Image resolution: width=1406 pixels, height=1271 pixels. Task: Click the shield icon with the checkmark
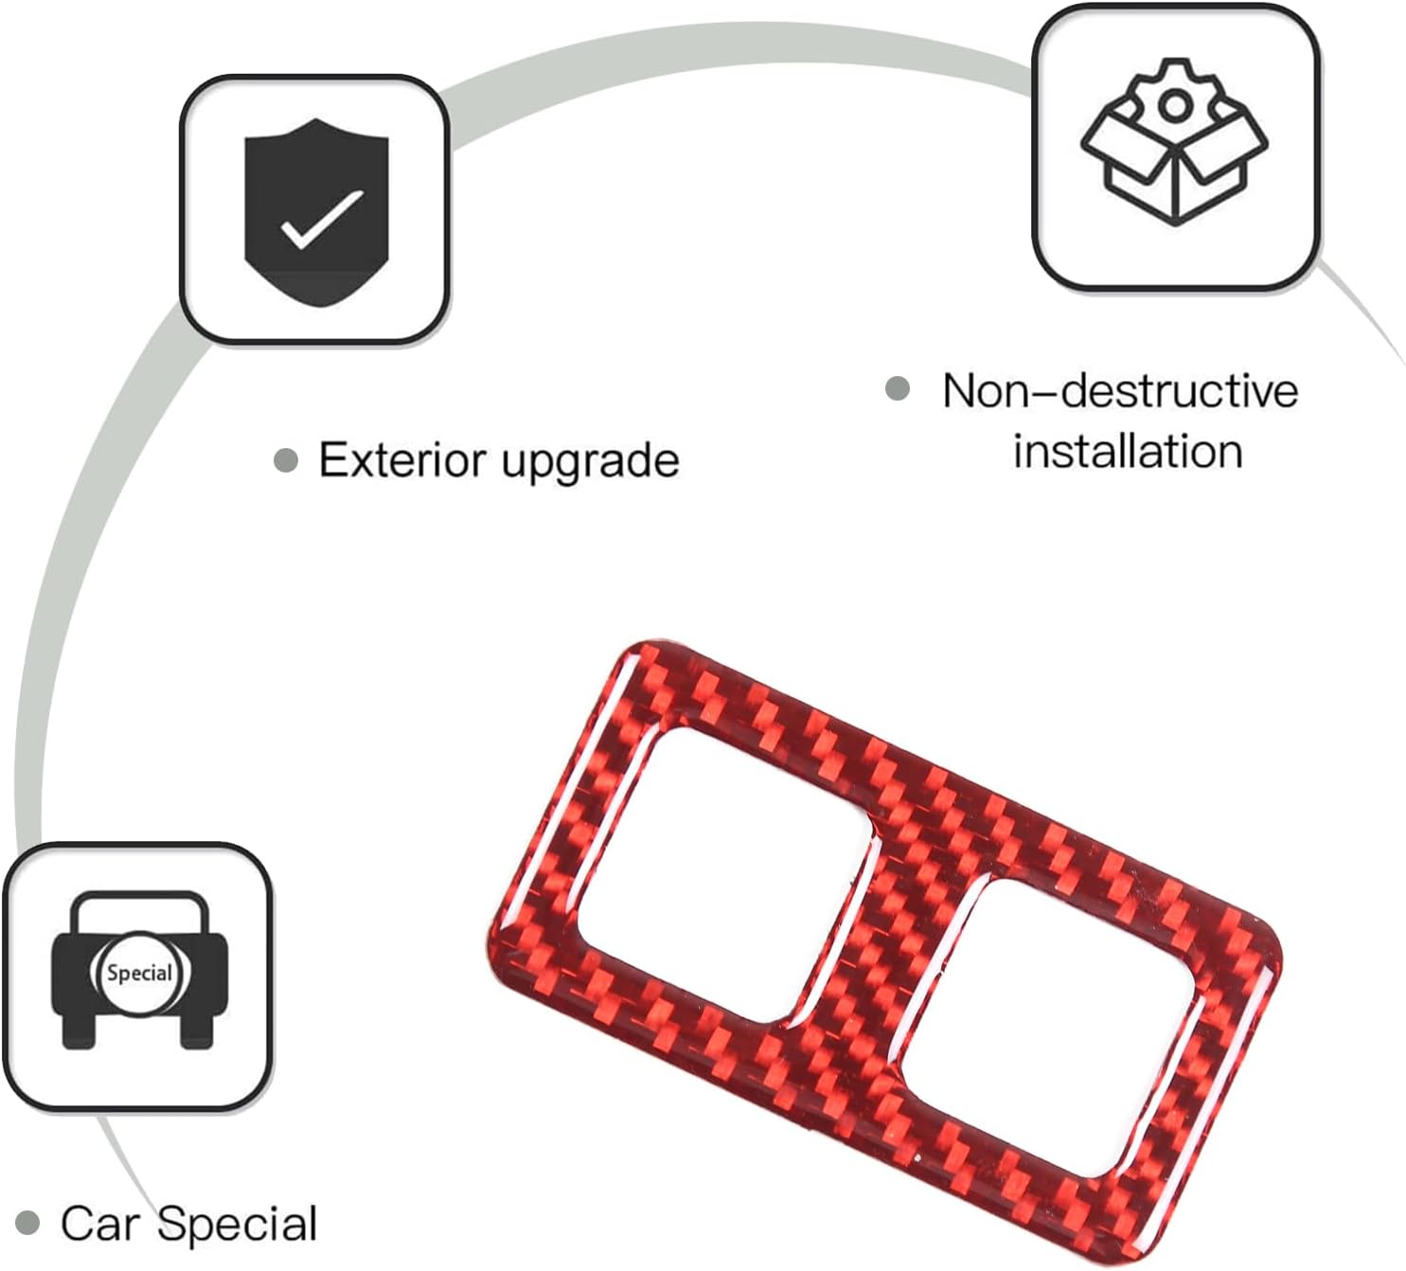click(x=316, y=212)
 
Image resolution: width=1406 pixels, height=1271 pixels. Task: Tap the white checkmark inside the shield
click(x=322, y=220)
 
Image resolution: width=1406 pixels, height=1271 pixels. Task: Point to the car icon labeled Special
click(x=139, y=970)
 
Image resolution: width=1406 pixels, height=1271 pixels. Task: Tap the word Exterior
click(x=402, y=460)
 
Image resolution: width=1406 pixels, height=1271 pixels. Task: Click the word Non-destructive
click(x=1120, y=391)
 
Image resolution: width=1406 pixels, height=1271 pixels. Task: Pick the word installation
click(x=1128, y=451)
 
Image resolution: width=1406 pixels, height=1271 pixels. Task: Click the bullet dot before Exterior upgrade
click(x=285, y=461)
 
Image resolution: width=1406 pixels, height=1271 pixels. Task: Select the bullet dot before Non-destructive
click(x=898, y=388)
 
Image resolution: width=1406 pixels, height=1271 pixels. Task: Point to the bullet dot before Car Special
click(x=27, y=1223)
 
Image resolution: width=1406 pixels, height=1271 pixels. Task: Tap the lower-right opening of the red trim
click(x=1049, y=1029)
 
